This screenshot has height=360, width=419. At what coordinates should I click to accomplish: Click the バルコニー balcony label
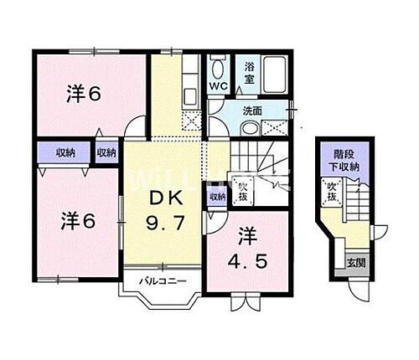[158, 279]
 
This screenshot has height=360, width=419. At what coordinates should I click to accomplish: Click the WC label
[219, 86]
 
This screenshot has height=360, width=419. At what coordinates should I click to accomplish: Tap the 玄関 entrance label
[355, 263]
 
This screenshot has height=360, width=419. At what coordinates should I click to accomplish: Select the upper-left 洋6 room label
[83, 95]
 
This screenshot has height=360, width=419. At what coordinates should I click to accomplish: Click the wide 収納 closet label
[65, 153]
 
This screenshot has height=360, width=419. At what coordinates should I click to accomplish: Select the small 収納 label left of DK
[106, 153]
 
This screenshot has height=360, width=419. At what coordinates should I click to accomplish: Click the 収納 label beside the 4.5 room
[217, 197]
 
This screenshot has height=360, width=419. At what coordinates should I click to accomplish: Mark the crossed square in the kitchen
[191, 123]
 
